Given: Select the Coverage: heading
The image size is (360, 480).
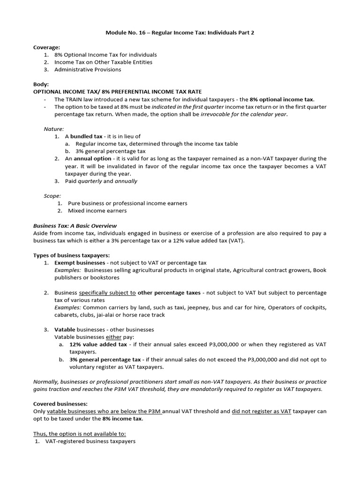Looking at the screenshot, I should (x=46, y=47).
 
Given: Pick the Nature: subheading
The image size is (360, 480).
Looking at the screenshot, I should (x=54, y=128).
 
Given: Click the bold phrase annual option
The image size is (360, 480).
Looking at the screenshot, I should (x=93, y=159).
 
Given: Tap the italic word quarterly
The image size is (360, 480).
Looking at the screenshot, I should (x=90, y=181).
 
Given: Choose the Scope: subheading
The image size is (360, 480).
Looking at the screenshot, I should (x=52, y=195).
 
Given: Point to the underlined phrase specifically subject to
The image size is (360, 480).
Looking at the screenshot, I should (x=107, y=292).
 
